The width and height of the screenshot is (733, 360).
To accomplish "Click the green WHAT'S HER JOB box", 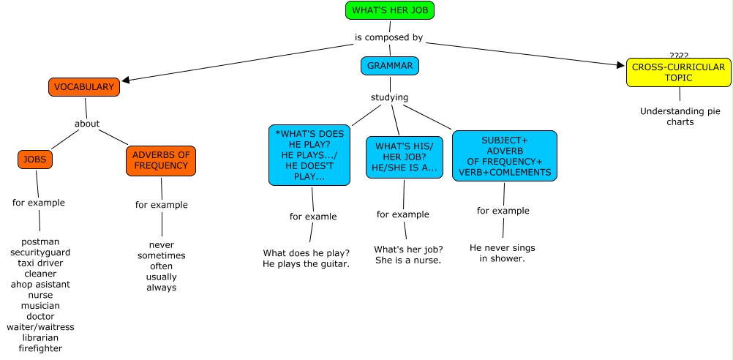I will pos(390,10).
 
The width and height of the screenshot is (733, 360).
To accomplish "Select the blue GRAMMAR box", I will pos(390,66).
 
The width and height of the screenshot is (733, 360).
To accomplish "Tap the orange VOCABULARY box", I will pos(84,87).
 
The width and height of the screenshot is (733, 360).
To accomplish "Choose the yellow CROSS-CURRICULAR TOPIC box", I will pos(678,72).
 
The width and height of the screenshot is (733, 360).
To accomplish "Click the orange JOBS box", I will pos(34,159).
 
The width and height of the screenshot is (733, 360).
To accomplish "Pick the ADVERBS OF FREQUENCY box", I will pos(161,160).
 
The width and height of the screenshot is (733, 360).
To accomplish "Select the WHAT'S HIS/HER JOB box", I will pos(404,157).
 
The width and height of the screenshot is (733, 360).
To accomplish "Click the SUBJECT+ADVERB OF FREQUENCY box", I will pos(504,156).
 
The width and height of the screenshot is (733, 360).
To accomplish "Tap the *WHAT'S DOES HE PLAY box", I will pos(309,155).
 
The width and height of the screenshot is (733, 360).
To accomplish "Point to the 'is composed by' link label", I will pos(388,38).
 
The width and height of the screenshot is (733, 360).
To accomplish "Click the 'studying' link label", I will pos(389,97).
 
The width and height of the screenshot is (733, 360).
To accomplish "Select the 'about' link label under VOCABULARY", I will pos(87,124).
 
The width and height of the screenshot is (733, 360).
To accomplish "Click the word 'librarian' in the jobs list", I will pos(40,338).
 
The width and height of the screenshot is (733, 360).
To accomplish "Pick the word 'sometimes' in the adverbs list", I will pos(162,256).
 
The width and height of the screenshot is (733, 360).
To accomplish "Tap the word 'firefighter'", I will pos(40,349).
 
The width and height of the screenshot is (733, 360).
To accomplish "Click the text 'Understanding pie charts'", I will pos(680,117).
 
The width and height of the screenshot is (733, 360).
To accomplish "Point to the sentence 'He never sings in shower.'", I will pos(503,253).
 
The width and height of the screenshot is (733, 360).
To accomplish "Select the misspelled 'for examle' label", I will pos(313,217).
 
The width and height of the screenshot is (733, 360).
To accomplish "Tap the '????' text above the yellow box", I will pos(679,56).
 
